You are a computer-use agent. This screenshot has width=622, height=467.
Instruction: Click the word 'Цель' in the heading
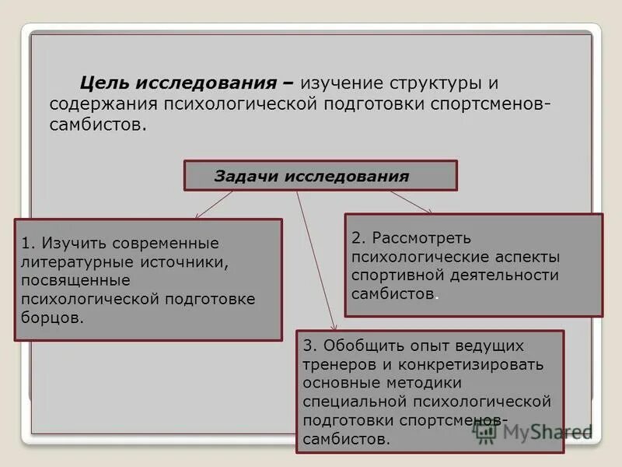tap(106, 83)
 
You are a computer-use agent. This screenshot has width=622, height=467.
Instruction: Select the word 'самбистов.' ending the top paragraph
tap(97, 125)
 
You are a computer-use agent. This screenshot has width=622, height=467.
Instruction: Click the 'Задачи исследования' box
tap(320, 176)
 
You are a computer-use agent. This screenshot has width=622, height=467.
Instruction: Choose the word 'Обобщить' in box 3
tap(365, 345)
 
